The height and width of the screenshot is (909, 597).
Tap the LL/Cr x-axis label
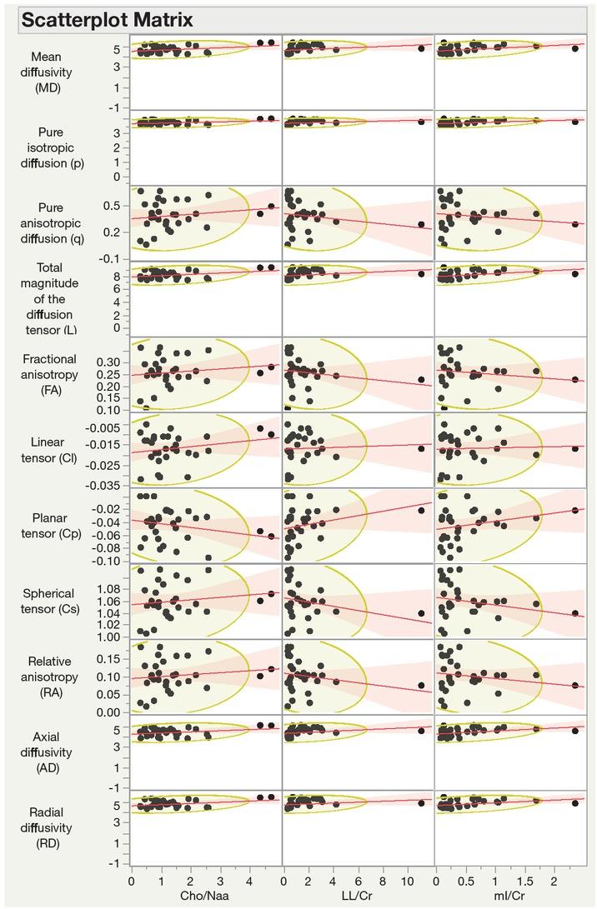pyautogui.click(x=357, y=896)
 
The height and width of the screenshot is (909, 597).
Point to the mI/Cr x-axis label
pyautogui.click(x=509, y=896)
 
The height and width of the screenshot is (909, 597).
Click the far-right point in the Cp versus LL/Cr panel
pyautogui.click(x=421, y=511)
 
